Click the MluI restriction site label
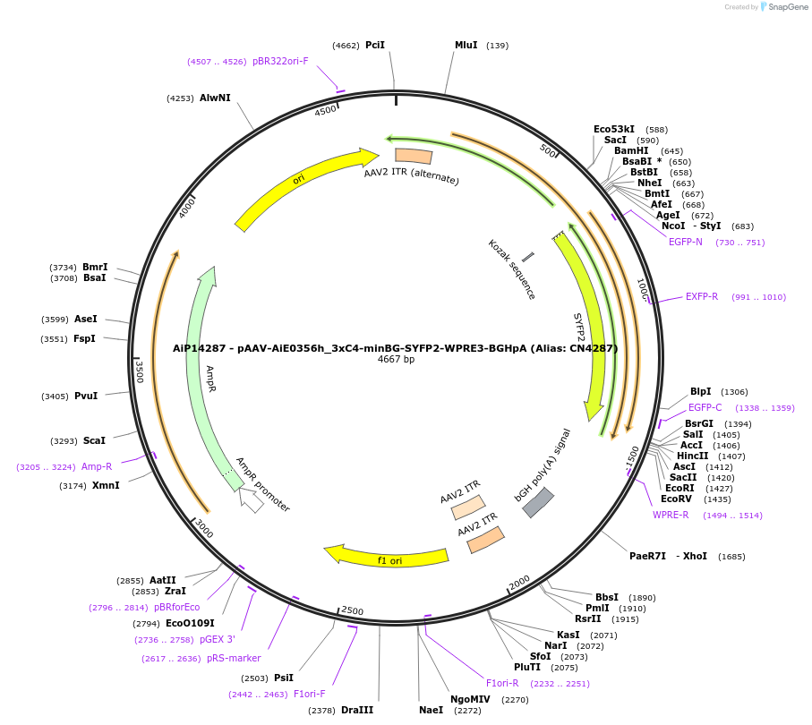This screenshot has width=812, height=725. (x=466, y=45)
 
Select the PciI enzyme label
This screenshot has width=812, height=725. (x=375, y=45)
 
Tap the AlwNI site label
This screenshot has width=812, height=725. (x=215, y=98)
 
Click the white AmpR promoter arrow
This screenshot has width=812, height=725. (x=252, y=499)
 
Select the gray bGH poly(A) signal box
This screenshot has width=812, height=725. (x=538, y=502)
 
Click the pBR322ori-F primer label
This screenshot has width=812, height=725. (x=280, y=61)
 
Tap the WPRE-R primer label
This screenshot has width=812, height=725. (x=671, y=515)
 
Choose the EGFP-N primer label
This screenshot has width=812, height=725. (x=686, y=242)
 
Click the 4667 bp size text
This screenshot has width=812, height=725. (x=396, y=360)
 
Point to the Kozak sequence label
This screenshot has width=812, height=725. (x=511, y=269)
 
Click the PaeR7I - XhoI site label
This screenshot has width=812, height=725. (x=668, y=556)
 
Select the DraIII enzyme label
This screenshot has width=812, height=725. (x=357, y=710)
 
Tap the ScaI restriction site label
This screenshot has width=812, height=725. (x=94, y=440)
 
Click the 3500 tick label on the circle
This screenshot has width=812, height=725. (x=139, y=371)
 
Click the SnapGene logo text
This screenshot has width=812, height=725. (x=784, y=7)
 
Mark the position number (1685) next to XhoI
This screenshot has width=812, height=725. (x=731, y=556)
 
